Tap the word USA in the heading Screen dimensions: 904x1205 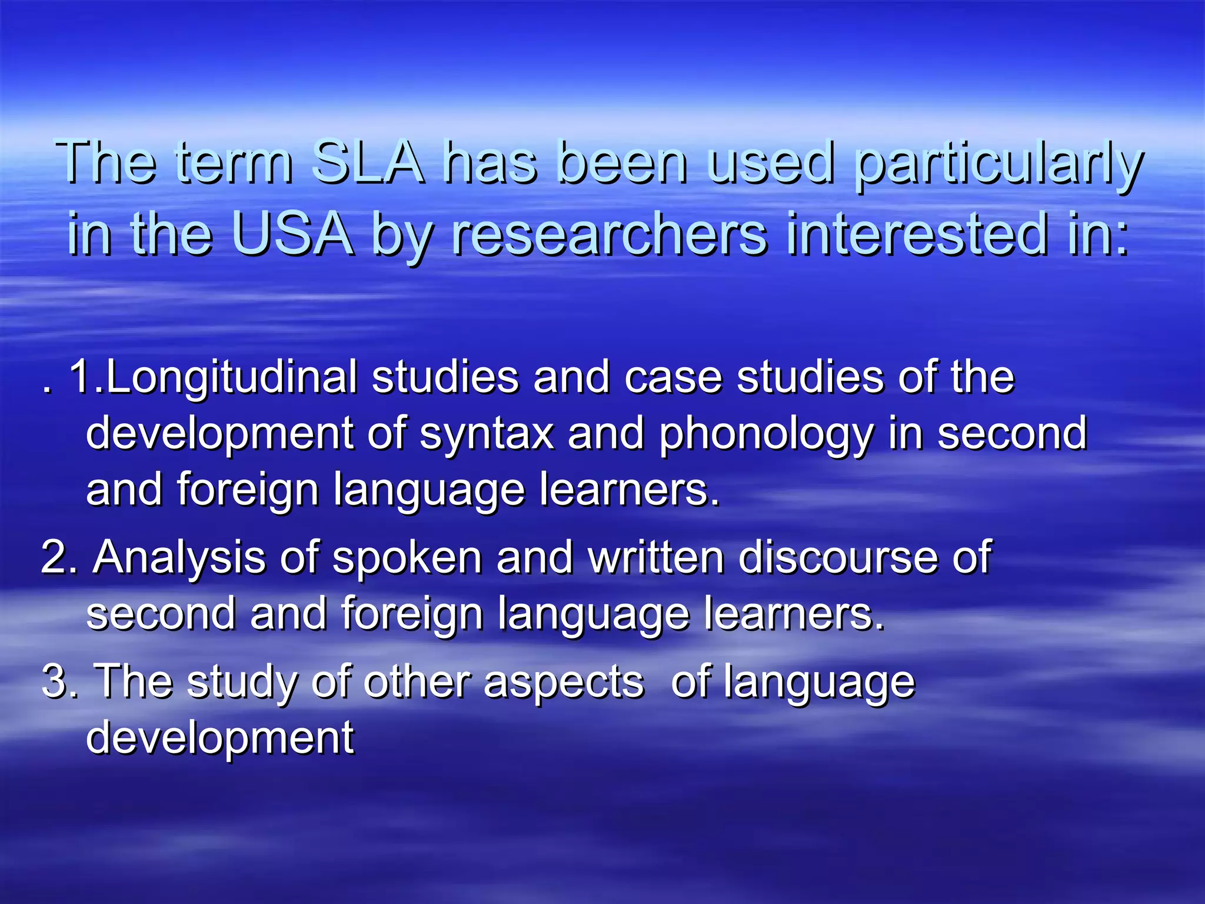(292, 234)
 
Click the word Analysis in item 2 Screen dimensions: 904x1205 (179, 558)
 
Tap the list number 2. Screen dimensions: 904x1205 (59, 558)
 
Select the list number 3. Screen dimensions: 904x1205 (59, 682)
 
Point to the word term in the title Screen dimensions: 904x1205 (234, 162)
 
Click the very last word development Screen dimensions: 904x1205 (220, 738)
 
